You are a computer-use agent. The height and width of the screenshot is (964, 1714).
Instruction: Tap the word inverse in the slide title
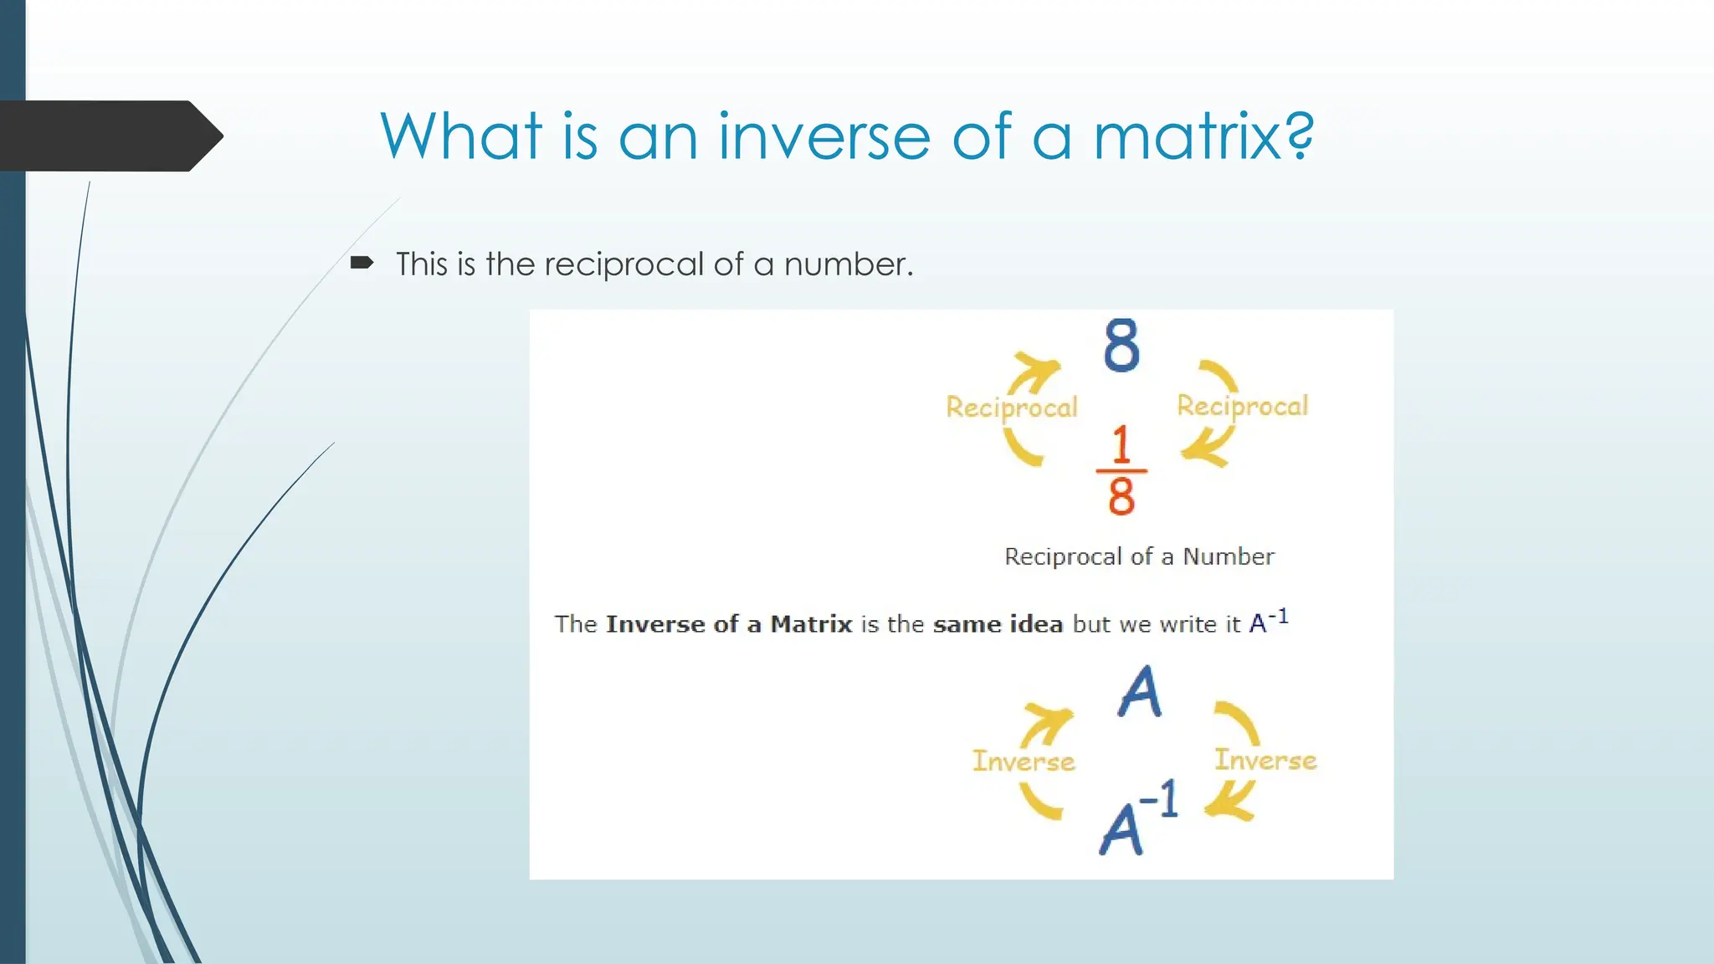[824, 136]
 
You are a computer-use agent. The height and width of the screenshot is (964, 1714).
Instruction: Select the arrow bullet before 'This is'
[362, 264]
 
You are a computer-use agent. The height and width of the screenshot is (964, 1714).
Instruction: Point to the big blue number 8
[1121, 345]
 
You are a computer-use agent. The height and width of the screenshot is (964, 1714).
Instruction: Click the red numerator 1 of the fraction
[1121, 444]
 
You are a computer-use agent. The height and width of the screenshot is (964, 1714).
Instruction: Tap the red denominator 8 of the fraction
[1121, 495]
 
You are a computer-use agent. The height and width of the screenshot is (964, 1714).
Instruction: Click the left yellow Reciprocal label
[1011, 408]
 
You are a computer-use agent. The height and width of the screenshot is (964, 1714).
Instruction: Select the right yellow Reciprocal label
[1242, 406]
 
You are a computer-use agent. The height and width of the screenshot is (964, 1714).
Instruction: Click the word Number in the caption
[1228, 556]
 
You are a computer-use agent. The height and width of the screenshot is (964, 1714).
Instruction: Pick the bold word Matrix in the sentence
[810, 624]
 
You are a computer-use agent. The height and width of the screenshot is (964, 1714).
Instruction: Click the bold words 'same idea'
[998, 624]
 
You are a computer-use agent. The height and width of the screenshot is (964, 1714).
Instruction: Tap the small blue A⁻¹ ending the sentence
[1268, 622]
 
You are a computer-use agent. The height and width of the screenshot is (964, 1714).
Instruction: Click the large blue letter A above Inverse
[1140, 692]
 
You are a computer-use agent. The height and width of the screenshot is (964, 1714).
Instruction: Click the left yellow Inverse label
[1023, 761]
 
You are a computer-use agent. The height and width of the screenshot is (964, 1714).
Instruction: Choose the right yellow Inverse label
[1265, 760]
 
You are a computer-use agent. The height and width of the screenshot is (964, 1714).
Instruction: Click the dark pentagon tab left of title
[109, 136]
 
